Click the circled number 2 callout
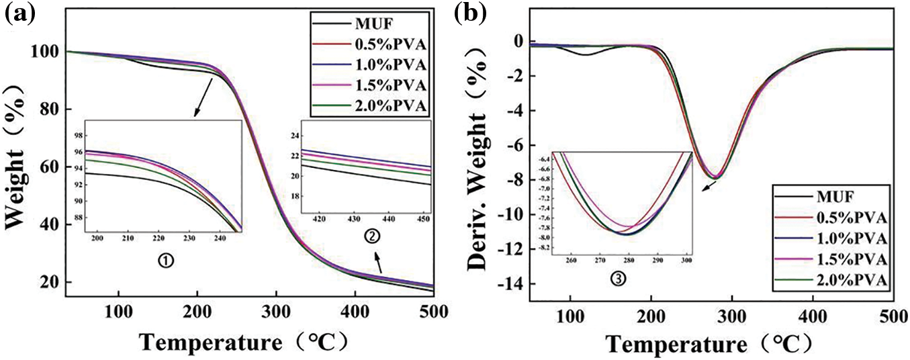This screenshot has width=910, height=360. click(x=371, y=236)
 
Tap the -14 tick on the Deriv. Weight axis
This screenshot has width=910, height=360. click(x=514, y=285)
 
